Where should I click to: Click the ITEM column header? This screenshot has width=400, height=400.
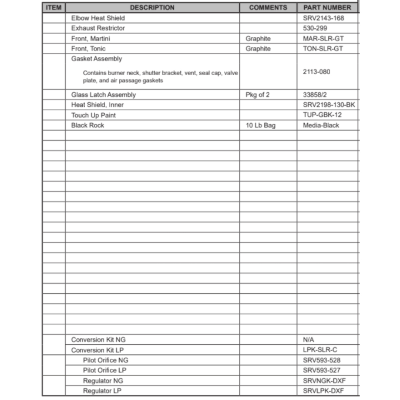click(x=54, y=8)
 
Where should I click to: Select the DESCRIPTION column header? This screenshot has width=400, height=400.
click(x=152, y=8)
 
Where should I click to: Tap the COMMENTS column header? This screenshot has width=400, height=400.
click(x=268, y=8)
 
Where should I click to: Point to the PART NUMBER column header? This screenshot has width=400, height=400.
click(x=327, y=8)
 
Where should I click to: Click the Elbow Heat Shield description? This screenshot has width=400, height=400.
click(x=98, y=18)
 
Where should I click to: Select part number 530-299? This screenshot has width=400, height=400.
click(x=315, y=28)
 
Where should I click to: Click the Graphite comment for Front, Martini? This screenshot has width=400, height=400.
click(x=258, y=39)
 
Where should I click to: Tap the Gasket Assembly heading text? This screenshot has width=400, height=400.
click(x=97, y=59)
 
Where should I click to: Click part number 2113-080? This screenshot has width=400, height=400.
click(x=317, y=72)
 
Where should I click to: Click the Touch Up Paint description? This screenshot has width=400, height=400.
click(x=94, y=115)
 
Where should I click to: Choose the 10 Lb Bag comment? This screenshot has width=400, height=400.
click(x=260, y=125)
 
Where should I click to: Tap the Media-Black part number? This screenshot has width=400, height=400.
click(x=321, y=125)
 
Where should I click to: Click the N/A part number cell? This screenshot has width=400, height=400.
click(x=309, y=340)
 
